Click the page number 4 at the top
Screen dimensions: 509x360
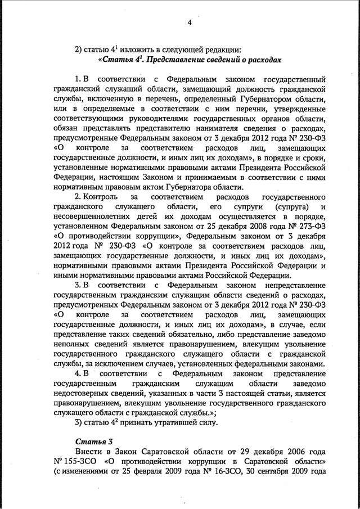pyautogui.click(x=190, y=23)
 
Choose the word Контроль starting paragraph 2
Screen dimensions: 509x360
pyautogui.click(x=100, y=197)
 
